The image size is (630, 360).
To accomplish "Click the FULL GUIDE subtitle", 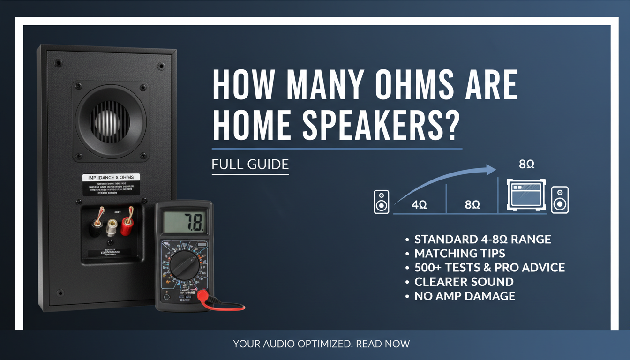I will click(x=250, y=165).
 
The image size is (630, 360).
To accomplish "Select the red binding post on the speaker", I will click(x=127, y=225).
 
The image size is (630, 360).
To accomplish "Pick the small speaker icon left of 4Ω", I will click(x=382, y=202).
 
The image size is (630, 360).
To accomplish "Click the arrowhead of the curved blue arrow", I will click(x=491, y=170).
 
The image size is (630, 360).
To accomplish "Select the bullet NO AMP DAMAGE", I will click(x=465, y=296).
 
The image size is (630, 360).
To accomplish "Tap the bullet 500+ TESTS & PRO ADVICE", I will click(x=489, y=268).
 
